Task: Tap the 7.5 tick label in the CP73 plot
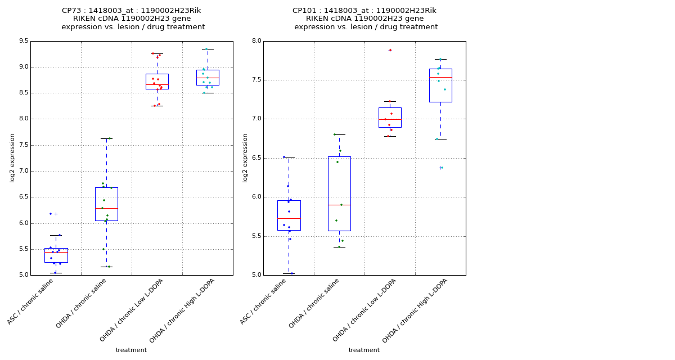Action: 23,145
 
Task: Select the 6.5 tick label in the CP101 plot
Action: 256,158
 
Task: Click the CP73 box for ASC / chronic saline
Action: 56,255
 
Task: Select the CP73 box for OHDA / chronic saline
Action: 106,204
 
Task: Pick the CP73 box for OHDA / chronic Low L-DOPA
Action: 157,82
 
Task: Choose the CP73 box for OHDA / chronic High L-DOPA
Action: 208,78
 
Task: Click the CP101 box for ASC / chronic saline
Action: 289,215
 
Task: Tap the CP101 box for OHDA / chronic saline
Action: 339,193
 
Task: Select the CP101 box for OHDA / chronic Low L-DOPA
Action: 390,117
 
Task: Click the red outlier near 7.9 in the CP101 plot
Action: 390,50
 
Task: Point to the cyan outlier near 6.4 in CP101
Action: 441,168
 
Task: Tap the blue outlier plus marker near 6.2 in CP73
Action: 56,214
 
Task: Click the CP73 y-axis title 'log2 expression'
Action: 12,158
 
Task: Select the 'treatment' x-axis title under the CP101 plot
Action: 364,350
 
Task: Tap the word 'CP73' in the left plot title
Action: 72,11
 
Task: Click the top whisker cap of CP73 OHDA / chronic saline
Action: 106,138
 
